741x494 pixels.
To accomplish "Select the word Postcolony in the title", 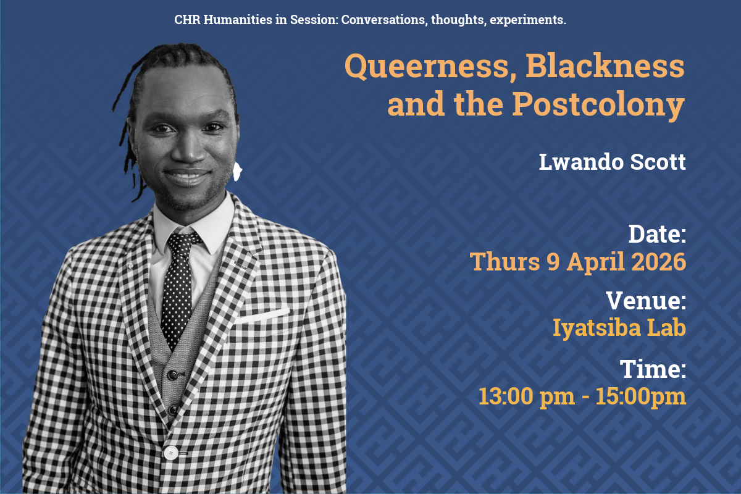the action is click(x=599, y=105).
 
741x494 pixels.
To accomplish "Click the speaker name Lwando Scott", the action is click(x=613, y=162).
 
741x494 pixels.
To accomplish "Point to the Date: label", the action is click(x=657, y=234).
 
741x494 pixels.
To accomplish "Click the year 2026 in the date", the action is click(x=659, y=261).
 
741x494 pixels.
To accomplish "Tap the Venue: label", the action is click(x=646, y=301).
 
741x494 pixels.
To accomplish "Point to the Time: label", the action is click(x=653, y=369).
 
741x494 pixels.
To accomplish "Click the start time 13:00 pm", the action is click(x=527, y=396).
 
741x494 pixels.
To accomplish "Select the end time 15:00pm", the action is click(x=641, y=396).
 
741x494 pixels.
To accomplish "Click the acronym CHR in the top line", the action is click(x=187, y=20).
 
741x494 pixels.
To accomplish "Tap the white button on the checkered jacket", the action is click(x=170, y=453).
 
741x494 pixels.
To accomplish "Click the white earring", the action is click(x=237, y=172).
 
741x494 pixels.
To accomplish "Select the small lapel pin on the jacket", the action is click(x=130, y=265).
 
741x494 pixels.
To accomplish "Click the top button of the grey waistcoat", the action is click(x=173, y=375).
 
